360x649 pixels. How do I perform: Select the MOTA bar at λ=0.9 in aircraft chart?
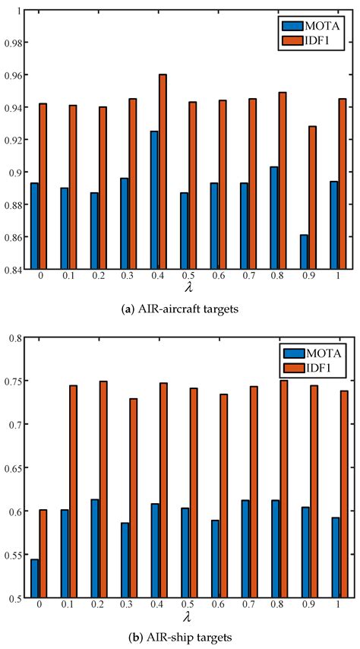303,252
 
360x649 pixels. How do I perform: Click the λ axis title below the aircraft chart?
187,289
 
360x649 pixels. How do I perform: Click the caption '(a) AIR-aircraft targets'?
187,309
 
